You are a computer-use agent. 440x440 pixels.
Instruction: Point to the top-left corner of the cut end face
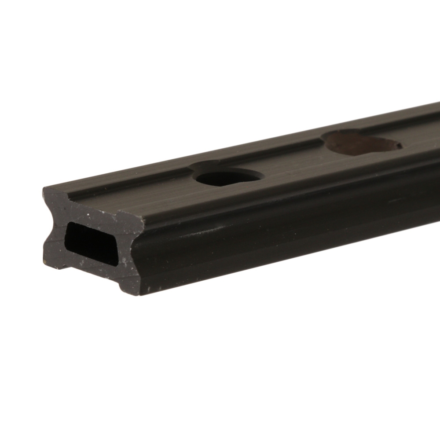(x=44, y=189)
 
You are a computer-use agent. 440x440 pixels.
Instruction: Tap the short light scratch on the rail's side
(x=395, y=201)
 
